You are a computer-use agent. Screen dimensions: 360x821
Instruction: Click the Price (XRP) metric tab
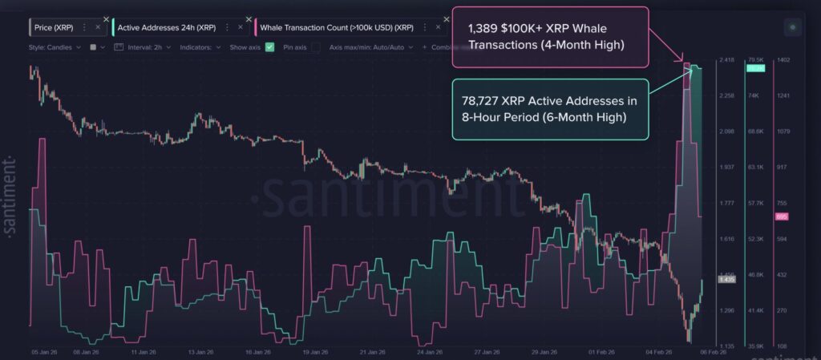[54, 27]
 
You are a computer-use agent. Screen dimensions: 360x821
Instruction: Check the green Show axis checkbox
[270, 47]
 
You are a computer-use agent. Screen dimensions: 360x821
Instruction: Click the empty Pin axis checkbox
[315, 47]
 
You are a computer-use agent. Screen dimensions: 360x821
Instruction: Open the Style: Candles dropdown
[55, 47]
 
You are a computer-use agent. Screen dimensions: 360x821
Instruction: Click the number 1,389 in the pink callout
[483, 26]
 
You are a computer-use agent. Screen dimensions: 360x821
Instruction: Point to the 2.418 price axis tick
[727, 60]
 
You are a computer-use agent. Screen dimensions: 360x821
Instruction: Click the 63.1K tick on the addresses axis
[757, 168]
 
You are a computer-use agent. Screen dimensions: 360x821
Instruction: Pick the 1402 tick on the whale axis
[783, 60]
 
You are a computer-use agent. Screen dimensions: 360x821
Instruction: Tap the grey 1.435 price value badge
[727, 280]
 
